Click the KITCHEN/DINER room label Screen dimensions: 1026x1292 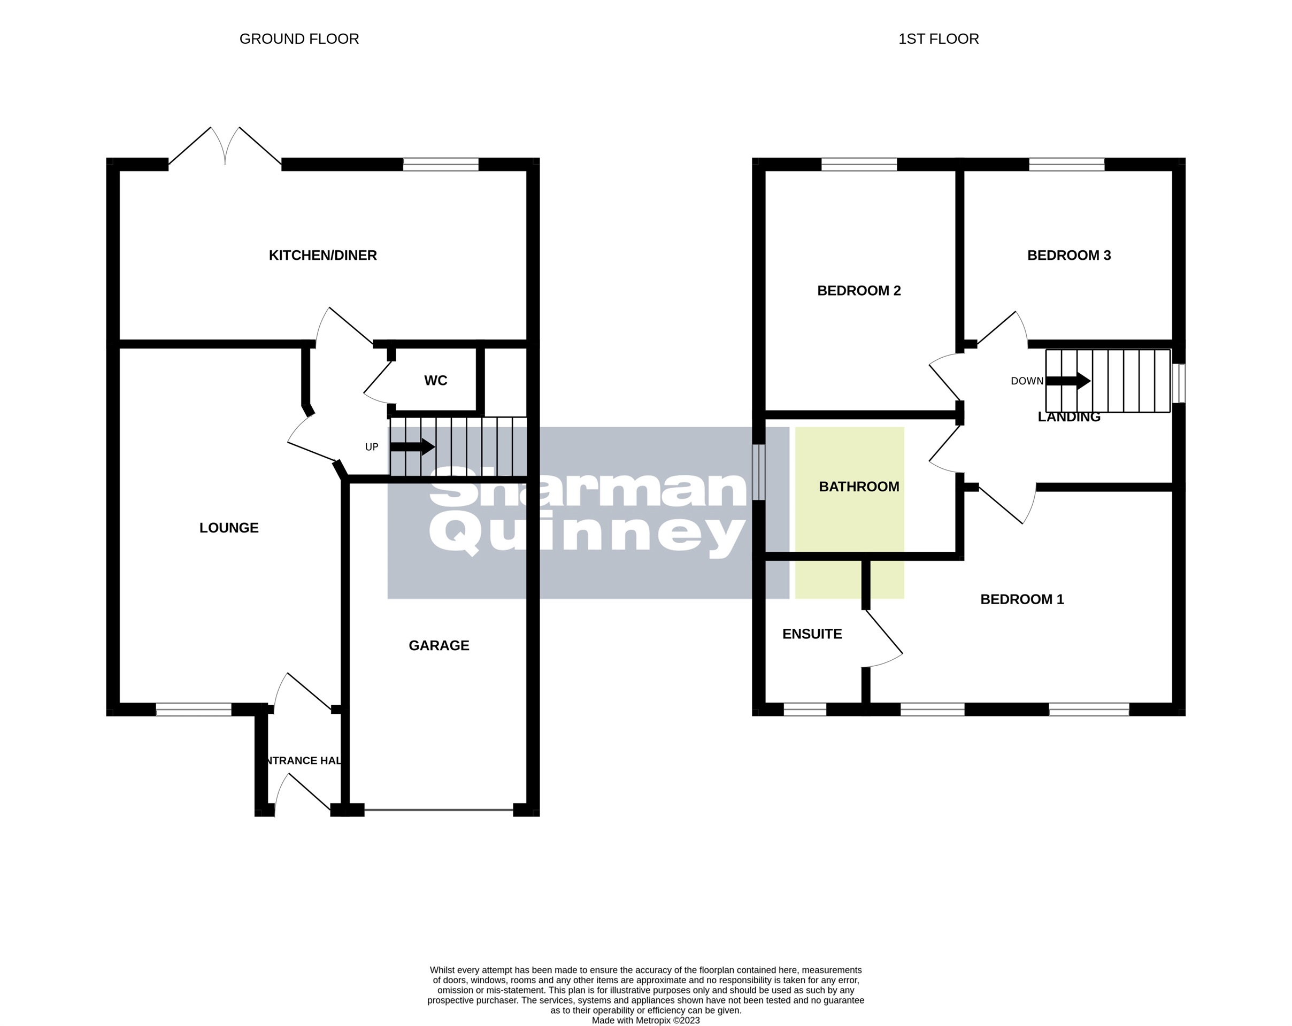(322, 256)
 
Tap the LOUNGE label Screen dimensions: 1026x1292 (229, 528)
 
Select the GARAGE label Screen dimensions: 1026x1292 (439, 645)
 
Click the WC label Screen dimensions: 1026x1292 (436, 381)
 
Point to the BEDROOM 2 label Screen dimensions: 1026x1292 (859, 291)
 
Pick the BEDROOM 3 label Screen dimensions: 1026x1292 (1068, 256)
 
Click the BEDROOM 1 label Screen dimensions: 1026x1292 (1022, 599)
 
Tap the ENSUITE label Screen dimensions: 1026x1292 (812, 634)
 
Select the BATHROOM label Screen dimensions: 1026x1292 (859, 487)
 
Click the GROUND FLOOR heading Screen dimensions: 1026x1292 (299, 39)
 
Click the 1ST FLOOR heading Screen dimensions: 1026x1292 (939, 39)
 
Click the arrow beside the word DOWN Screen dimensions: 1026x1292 (1068, 381)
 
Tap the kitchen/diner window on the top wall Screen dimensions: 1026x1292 (441, 164)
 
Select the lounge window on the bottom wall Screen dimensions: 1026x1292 (194, 709)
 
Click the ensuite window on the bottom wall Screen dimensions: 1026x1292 (805, 709)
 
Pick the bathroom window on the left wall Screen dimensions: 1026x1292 (759, 472)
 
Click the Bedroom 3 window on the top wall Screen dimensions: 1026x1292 (1067, 164)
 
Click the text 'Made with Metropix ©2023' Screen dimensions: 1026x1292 (645, 1021)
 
